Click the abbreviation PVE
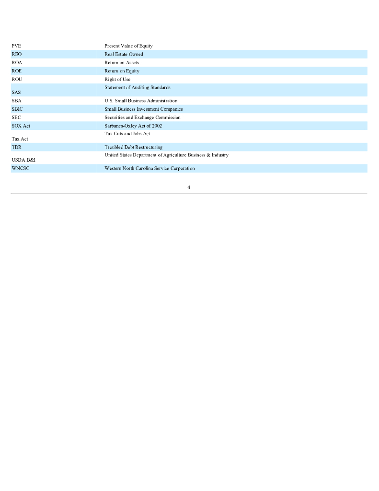point(16,46)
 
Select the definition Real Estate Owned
point(124,54)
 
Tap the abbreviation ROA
point(17,63)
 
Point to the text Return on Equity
point(122,71)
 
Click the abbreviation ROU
point(17,80)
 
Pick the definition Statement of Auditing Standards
point(138,87)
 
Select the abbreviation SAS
point(16,92)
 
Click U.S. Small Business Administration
point(141,101)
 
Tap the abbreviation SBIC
point(17,109)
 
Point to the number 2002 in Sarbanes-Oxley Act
point(157,126)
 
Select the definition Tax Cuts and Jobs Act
point(127,134)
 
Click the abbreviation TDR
point(16,147)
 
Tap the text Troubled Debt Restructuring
point(133,147)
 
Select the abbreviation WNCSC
point(20,168)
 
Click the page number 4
point(189,187)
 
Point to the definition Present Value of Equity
point(128,46)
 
